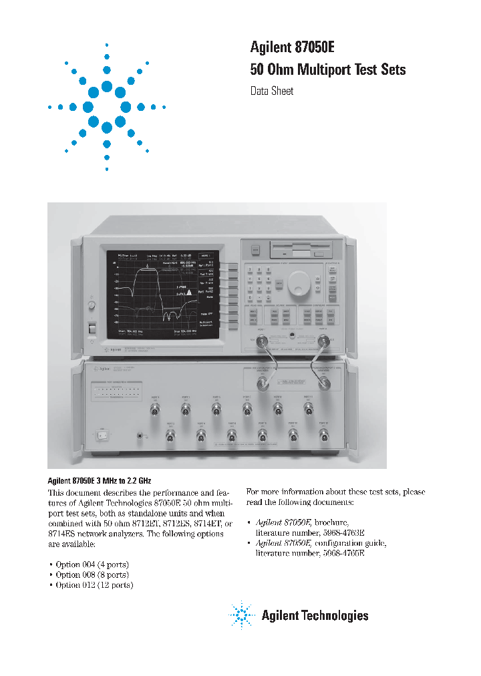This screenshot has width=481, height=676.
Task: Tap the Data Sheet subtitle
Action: click(x=272, y=91)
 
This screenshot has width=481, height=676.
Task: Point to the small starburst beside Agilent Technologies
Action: click(x=240, y=615)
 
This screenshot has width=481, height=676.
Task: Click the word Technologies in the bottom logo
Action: click(x=333, y=615)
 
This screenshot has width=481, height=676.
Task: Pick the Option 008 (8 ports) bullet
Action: click(x=92, y=574)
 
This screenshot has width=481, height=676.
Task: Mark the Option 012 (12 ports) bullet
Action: click(x=94, y=584)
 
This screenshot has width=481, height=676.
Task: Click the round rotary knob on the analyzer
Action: click(x=299, y=288)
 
